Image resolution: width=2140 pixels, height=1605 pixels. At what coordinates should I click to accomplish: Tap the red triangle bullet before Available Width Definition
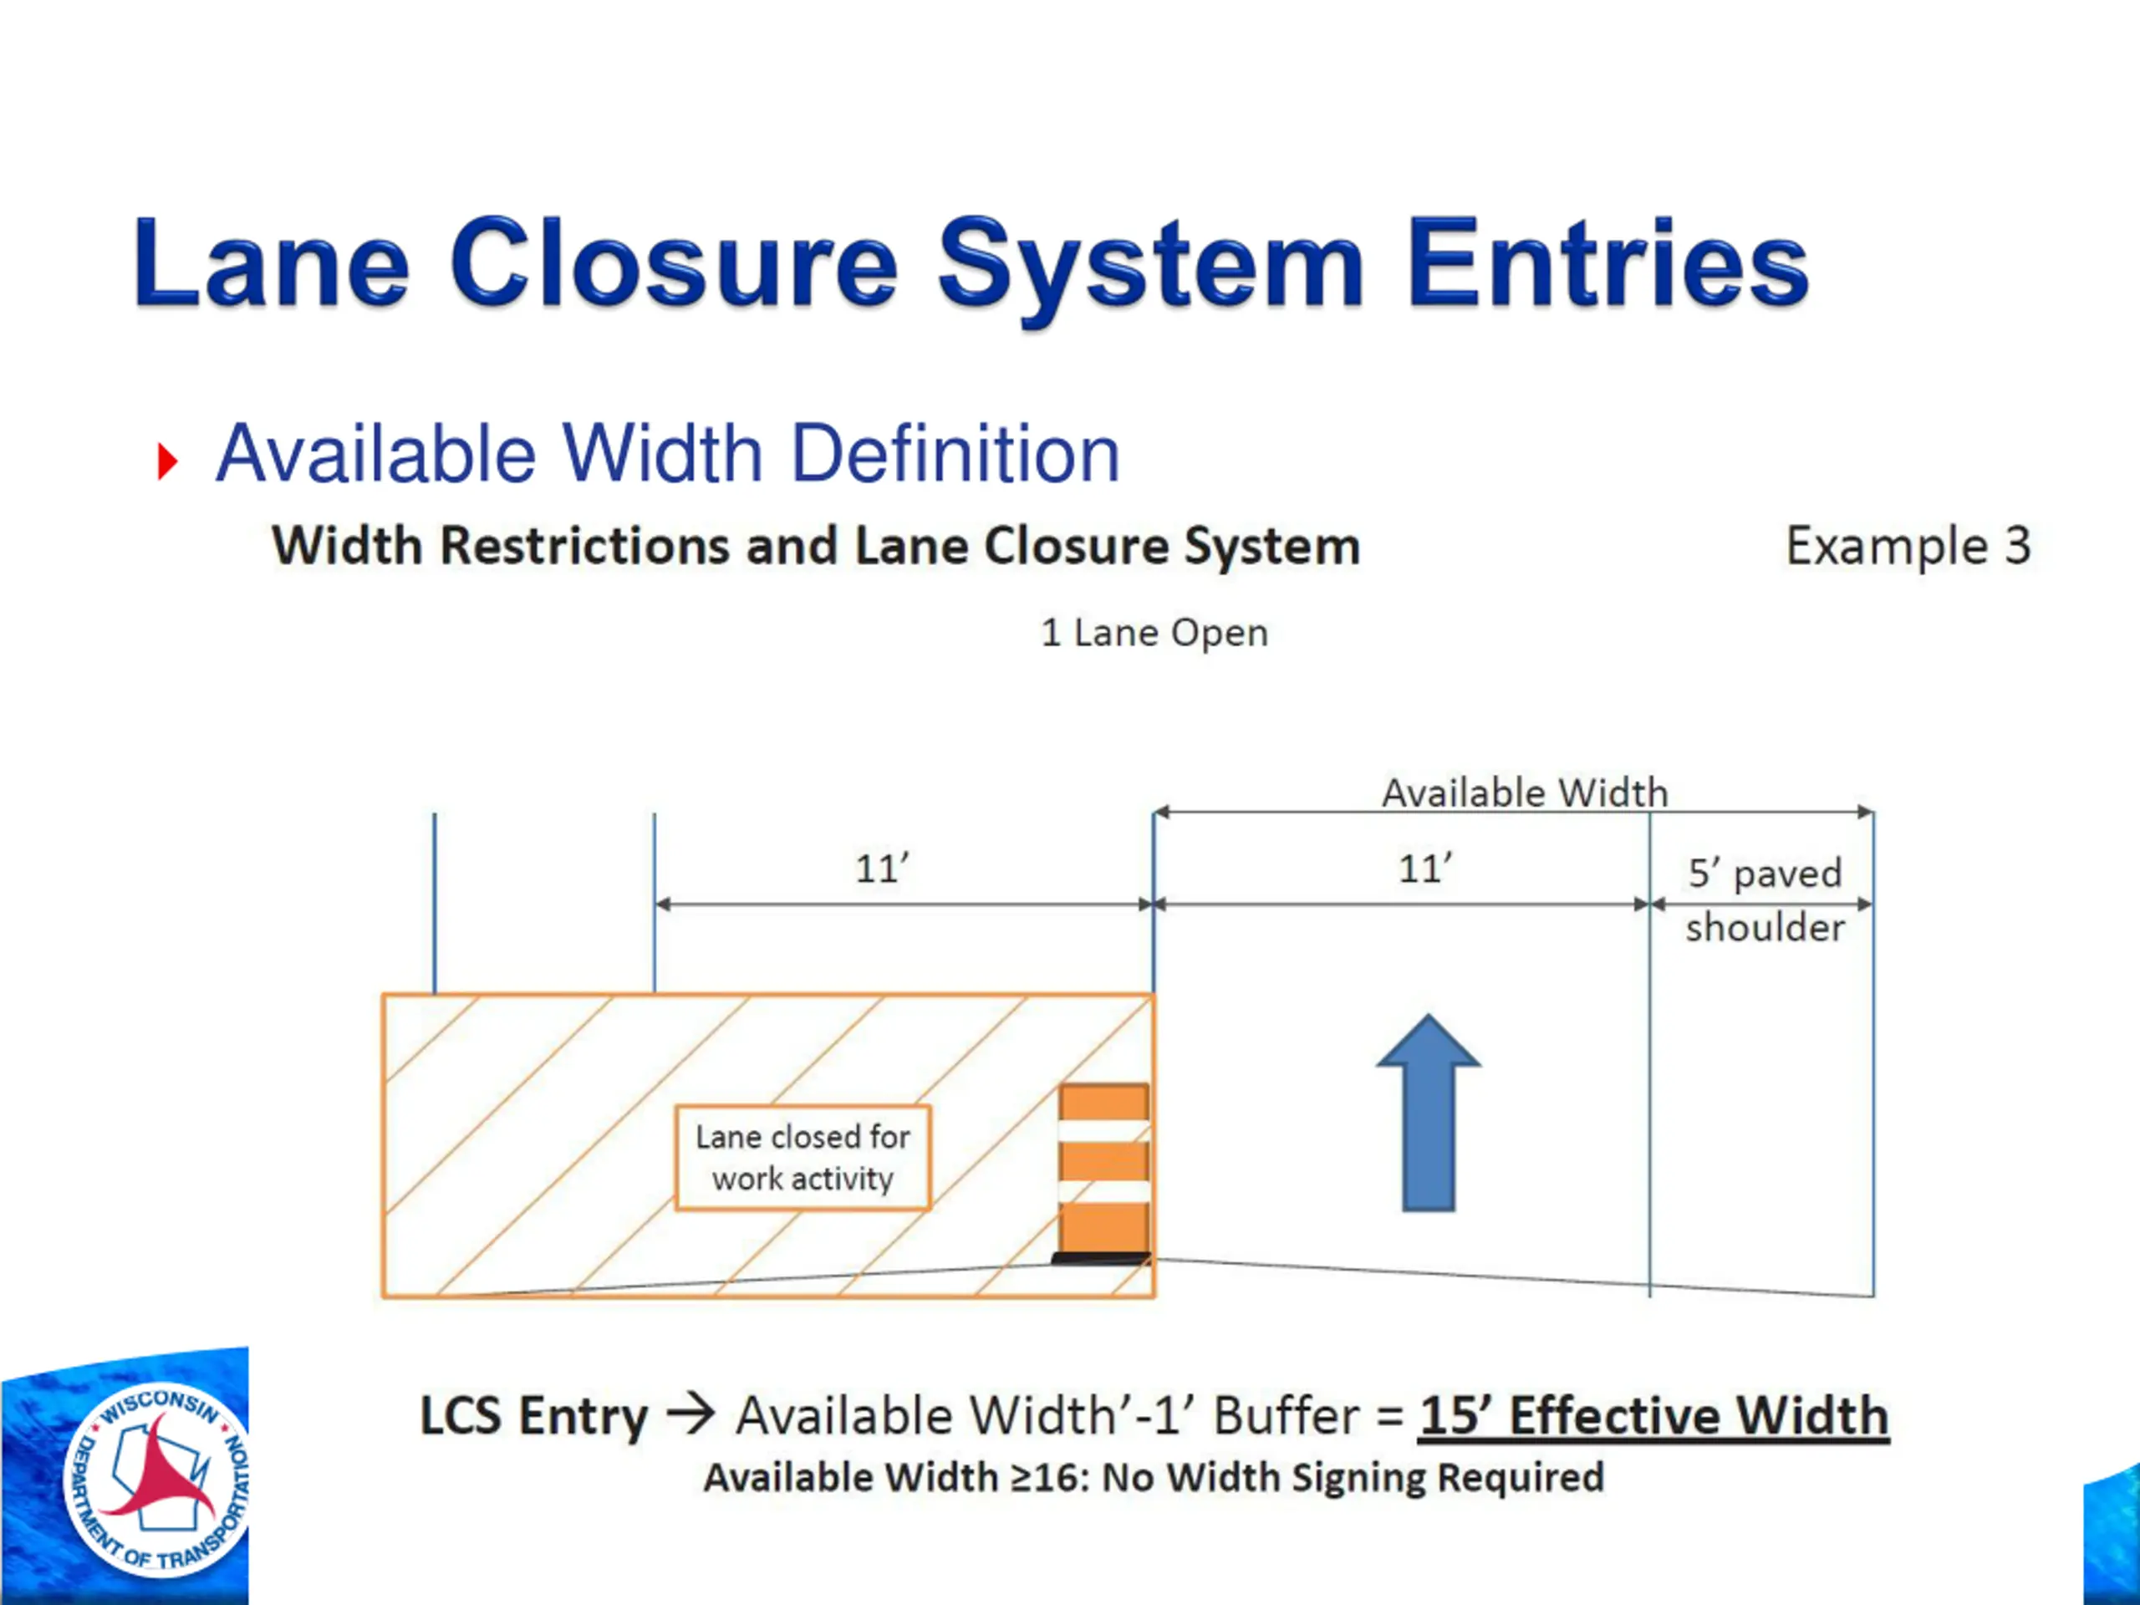[x=167, y=461]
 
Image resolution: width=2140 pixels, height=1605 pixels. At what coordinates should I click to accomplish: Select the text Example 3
[x=1907, y=546]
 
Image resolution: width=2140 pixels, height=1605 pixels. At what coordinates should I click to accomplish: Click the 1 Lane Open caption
[x=1154, y=633]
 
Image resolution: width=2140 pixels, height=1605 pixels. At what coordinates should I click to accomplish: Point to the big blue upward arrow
[x=1428, y=1113]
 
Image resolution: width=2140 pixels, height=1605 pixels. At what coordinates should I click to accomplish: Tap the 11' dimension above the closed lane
[x=881, y=869]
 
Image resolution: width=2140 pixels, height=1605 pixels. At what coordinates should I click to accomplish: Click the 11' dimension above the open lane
[x=1425, y=869]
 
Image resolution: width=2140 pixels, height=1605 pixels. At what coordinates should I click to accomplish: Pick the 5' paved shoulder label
[x=1765, y=899]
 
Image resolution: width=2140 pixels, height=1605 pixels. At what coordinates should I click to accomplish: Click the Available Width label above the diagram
[x=1525, y=793]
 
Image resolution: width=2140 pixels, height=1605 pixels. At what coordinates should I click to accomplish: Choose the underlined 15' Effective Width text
[x=1653, y=1415]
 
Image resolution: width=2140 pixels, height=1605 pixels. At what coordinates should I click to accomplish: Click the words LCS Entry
[x=533, y=1415]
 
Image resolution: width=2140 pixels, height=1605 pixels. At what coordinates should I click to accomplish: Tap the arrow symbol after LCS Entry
[x=690, y=1414]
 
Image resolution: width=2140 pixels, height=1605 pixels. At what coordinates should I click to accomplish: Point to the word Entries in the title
[x=1607, y=263]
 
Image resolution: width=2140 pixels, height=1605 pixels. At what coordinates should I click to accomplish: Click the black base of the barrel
[x=1101, y=1259]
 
